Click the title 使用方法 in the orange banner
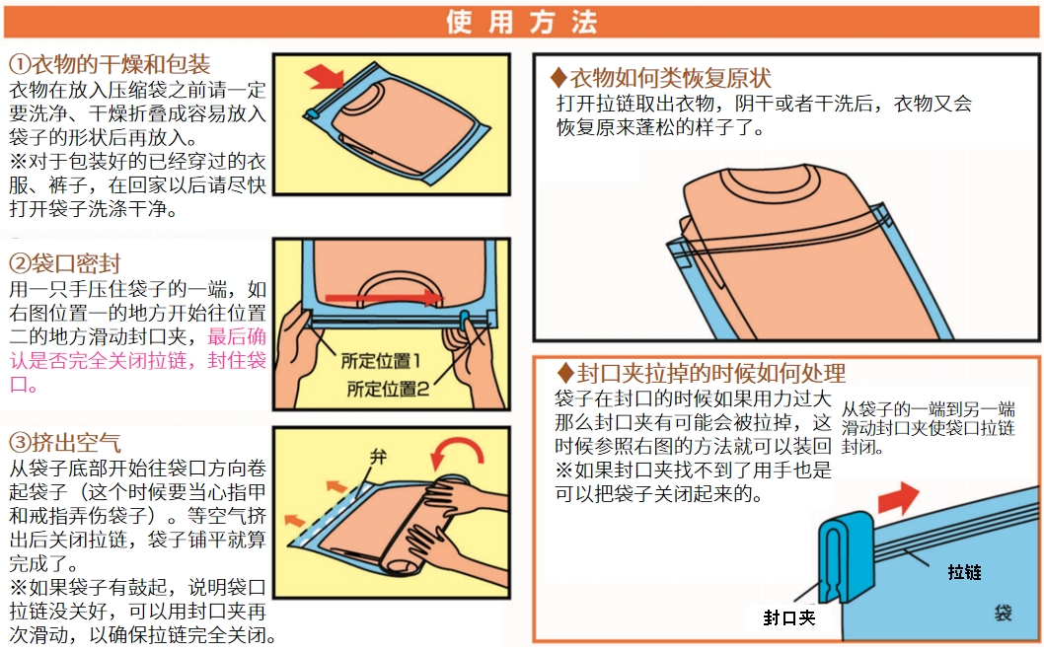tap(522, 22)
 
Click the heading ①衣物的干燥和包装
tap(110, 64)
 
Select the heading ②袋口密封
tap(64, 264)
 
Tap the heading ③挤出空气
tap(64, 443)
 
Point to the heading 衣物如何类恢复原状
tap(660, 79)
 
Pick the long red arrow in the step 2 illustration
tap(384, 298)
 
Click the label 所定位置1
tap(381, 361)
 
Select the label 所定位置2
tap(388, 390)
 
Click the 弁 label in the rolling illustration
tap(378, 457)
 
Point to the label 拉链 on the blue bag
tap(964, 572)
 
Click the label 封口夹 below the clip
tap(789, 618)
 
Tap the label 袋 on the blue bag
tap(1003, 613)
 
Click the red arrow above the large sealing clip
tap(898, 498)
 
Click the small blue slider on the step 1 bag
tap(312, 113)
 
